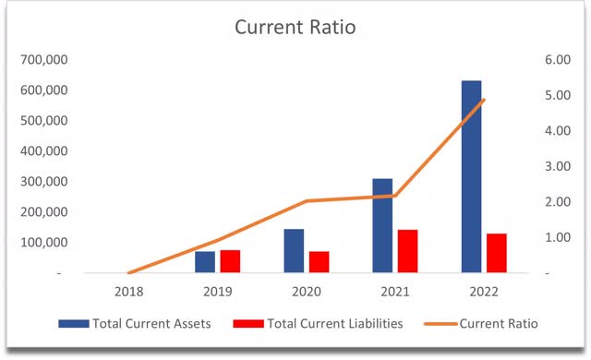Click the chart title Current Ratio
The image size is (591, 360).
[x=295, y=28]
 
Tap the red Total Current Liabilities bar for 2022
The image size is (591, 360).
[x=497, y=254]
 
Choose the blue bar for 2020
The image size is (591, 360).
[x=294, y=251]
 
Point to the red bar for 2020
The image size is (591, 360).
[x=320, y=262]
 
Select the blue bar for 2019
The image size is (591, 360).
[x=205, y=262]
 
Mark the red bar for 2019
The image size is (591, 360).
[x=230, y=261]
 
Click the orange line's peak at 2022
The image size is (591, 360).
[x=484, y=100]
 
